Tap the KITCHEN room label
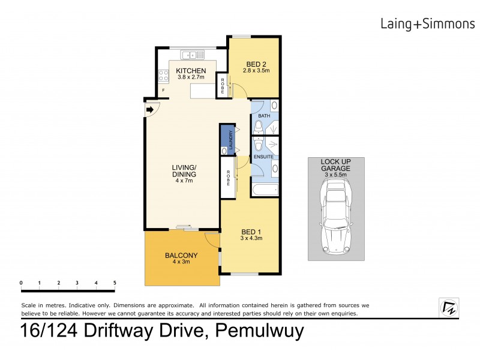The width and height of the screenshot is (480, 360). click(x=191, y=71)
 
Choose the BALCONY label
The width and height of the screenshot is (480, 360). click(x=181, y=256)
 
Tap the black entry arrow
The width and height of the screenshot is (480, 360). click(x=149, y=109)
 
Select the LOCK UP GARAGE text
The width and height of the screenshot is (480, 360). click(x=335, y=165)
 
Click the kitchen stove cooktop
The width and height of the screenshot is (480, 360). click(x=162, y=76)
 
